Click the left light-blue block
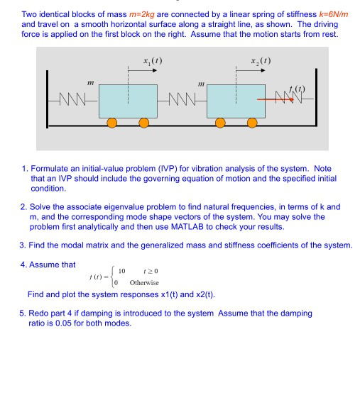point(128,101)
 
